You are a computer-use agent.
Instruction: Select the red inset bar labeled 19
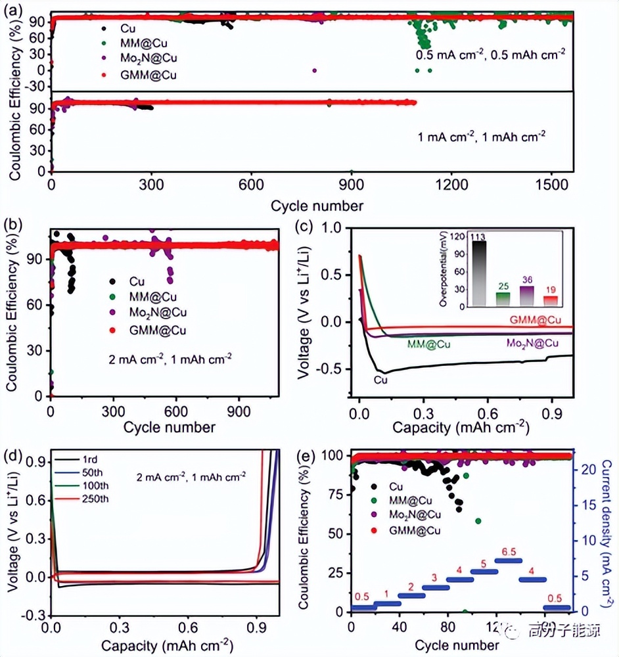549,300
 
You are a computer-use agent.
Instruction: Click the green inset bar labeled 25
503,299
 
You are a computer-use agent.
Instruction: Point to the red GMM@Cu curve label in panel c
535,320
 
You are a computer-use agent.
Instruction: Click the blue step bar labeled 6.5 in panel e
508,560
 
